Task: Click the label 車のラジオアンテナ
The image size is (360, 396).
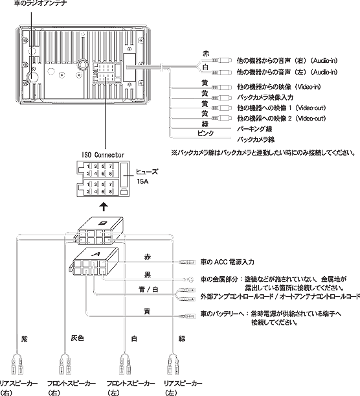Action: [40, 3]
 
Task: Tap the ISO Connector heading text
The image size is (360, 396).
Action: [103, 155]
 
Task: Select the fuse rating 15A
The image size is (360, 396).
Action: [142, 181]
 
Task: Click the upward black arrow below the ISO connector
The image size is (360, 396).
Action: [104, 206]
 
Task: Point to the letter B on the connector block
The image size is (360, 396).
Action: [103, 223]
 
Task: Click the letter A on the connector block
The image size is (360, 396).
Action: [96, 253]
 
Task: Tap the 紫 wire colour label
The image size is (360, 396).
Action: [24, 339]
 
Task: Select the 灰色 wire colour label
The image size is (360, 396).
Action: [77, 338]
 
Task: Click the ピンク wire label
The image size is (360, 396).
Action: [205, 133]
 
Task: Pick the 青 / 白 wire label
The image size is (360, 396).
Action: [148, 289]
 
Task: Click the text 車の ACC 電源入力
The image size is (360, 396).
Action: [227, 262]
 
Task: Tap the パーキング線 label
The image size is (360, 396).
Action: [254, 129]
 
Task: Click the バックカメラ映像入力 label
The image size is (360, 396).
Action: [265, 97]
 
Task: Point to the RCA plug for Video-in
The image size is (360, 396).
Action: [221, 87]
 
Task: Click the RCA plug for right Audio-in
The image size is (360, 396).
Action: [221, 60]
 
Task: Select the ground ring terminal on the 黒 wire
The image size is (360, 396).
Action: [188, 279]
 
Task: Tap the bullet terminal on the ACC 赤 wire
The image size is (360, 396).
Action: [187, 262]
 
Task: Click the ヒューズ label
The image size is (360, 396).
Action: [147, 172]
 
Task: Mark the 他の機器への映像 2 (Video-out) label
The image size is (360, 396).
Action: [281, 118]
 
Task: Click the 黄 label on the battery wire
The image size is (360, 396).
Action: [147, 311]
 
